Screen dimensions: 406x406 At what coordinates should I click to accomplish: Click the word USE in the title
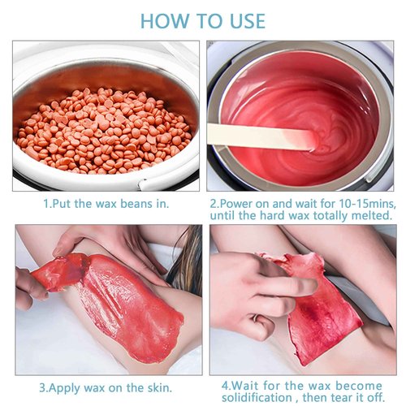[248, 21]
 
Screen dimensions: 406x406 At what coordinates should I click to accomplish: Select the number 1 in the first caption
[46, 204]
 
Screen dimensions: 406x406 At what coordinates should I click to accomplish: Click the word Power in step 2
[235, 204]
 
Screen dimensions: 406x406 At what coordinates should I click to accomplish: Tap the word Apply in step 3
[65, 388]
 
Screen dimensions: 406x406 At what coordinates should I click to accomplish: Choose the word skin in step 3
[158, 387]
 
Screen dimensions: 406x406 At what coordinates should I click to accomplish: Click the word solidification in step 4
[257, 398]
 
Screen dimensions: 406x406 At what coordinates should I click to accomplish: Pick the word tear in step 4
[339, 398]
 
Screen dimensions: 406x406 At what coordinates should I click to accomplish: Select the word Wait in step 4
[245, 386]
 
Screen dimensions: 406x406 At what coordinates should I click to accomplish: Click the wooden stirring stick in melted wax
[261, 136]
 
